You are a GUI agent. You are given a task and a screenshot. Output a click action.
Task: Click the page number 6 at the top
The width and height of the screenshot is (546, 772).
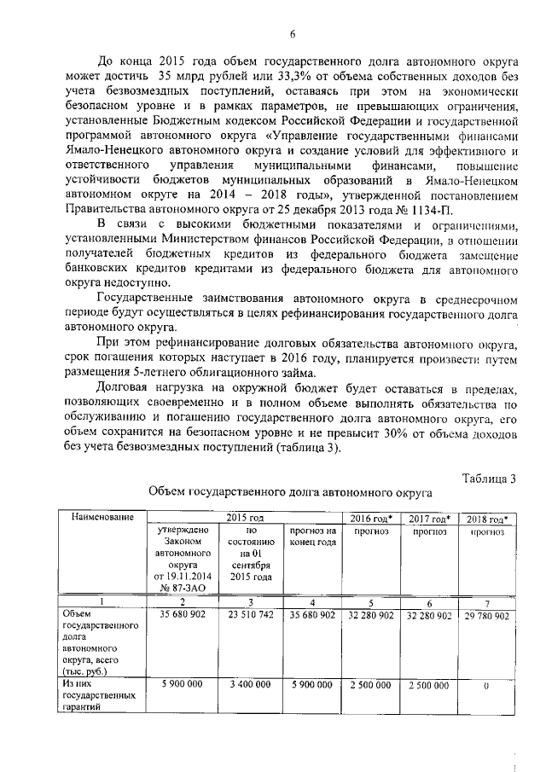click(292, 35)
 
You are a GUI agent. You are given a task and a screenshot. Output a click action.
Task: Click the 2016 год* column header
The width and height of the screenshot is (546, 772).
click(370, 518)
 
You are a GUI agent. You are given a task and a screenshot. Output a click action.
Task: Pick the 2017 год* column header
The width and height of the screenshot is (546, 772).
click(430, 518)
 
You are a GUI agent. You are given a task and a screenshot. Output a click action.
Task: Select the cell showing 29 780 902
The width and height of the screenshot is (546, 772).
click(488, 615)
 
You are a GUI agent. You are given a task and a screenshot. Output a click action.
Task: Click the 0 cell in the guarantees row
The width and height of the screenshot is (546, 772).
click(488, 684)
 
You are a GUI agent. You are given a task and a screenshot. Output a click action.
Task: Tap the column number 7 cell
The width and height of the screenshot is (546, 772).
click(488, 601)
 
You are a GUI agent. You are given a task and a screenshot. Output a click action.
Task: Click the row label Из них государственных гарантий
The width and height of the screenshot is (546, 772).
click(89, 695)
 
